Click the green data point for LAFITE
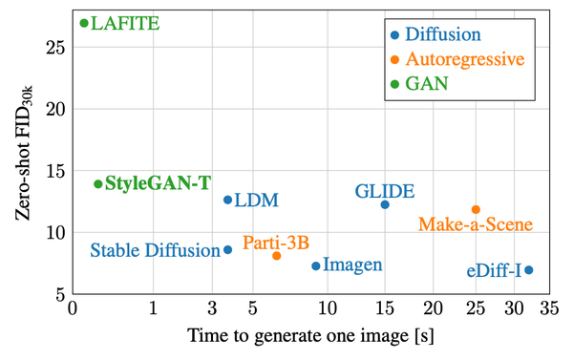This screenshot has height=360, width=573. tap(84, 23)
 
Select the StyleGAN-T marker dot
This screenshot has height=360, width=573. tap(97, 183)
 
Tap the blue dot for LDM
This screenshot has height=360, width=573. tap(227, 200)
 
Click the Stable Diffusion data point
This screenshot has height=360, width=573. tap(227, 250)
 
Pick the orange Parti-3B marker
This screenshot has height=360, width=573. tap(277, 256)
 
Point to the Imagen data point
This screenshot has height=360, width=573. tap(316, 265)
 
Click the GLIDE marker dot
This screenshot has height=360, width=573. tap(385, 204)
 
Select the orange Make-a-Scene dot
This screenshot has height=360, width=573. tap(476, 209)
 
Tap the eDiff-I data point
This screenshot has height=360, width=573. tap(529, 270)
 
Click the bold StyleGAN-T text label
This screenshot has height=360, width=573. tap(159, 183)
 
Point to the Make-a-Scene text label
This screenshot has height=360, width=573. tap(476, 225)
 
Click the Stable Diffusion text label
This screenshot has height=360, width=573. tap(155, 251)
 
